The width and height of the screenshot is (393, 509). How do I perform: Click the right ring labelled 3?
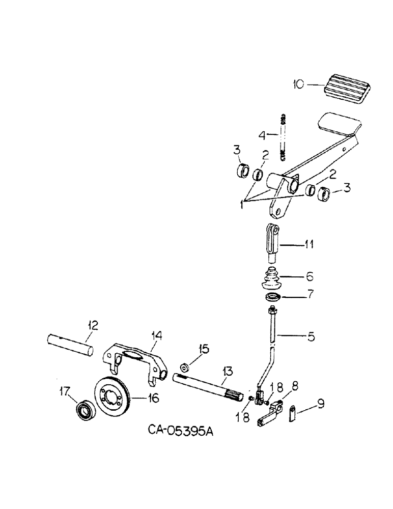tap(323, 194)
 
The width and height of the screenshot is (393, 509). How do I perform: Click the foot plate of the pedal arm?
tap(337, 125)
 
